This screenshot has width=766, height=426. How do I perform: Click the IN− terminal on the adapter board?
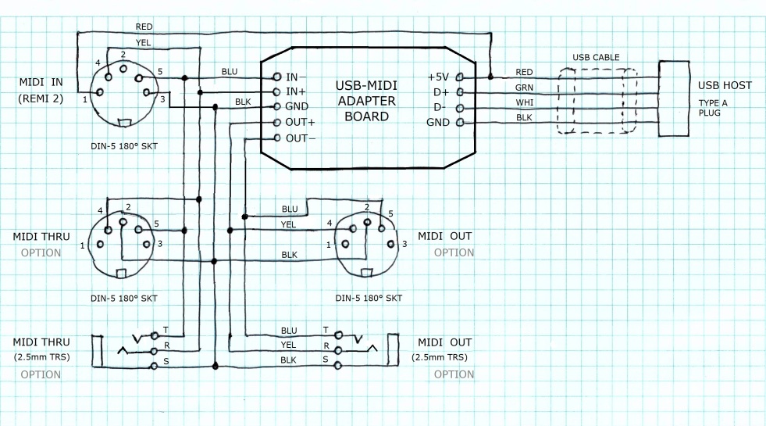[x=276, y=77]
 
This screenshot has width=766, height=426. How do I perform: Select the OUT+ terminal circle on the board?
[x=276, y=123]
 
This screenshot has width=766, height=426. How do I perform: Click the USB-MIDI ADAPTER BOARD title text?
[x=366, y=101]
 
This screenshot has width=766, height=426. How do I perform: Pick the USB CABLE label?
[x=596, y=58]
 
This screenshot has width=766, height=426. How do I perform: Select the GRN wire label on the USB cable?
[x=524, y=88]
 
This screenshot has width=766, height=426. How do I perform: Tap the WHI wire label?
[x=524, y=102]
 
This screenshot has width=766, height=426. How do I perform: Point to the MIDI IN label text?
[x=47, y=82]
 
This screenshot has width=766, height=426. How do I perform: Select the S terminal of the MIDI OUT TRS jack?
[x=337, y=366]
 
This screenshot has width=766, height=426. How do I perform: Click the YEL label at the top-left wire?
[x=144, y=42]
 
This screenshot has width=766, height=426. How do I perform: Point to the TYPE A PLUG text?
[x=710, y=108]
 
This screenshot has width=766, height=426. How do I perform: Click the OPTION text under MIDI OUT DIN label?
[x=454, y=252]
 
